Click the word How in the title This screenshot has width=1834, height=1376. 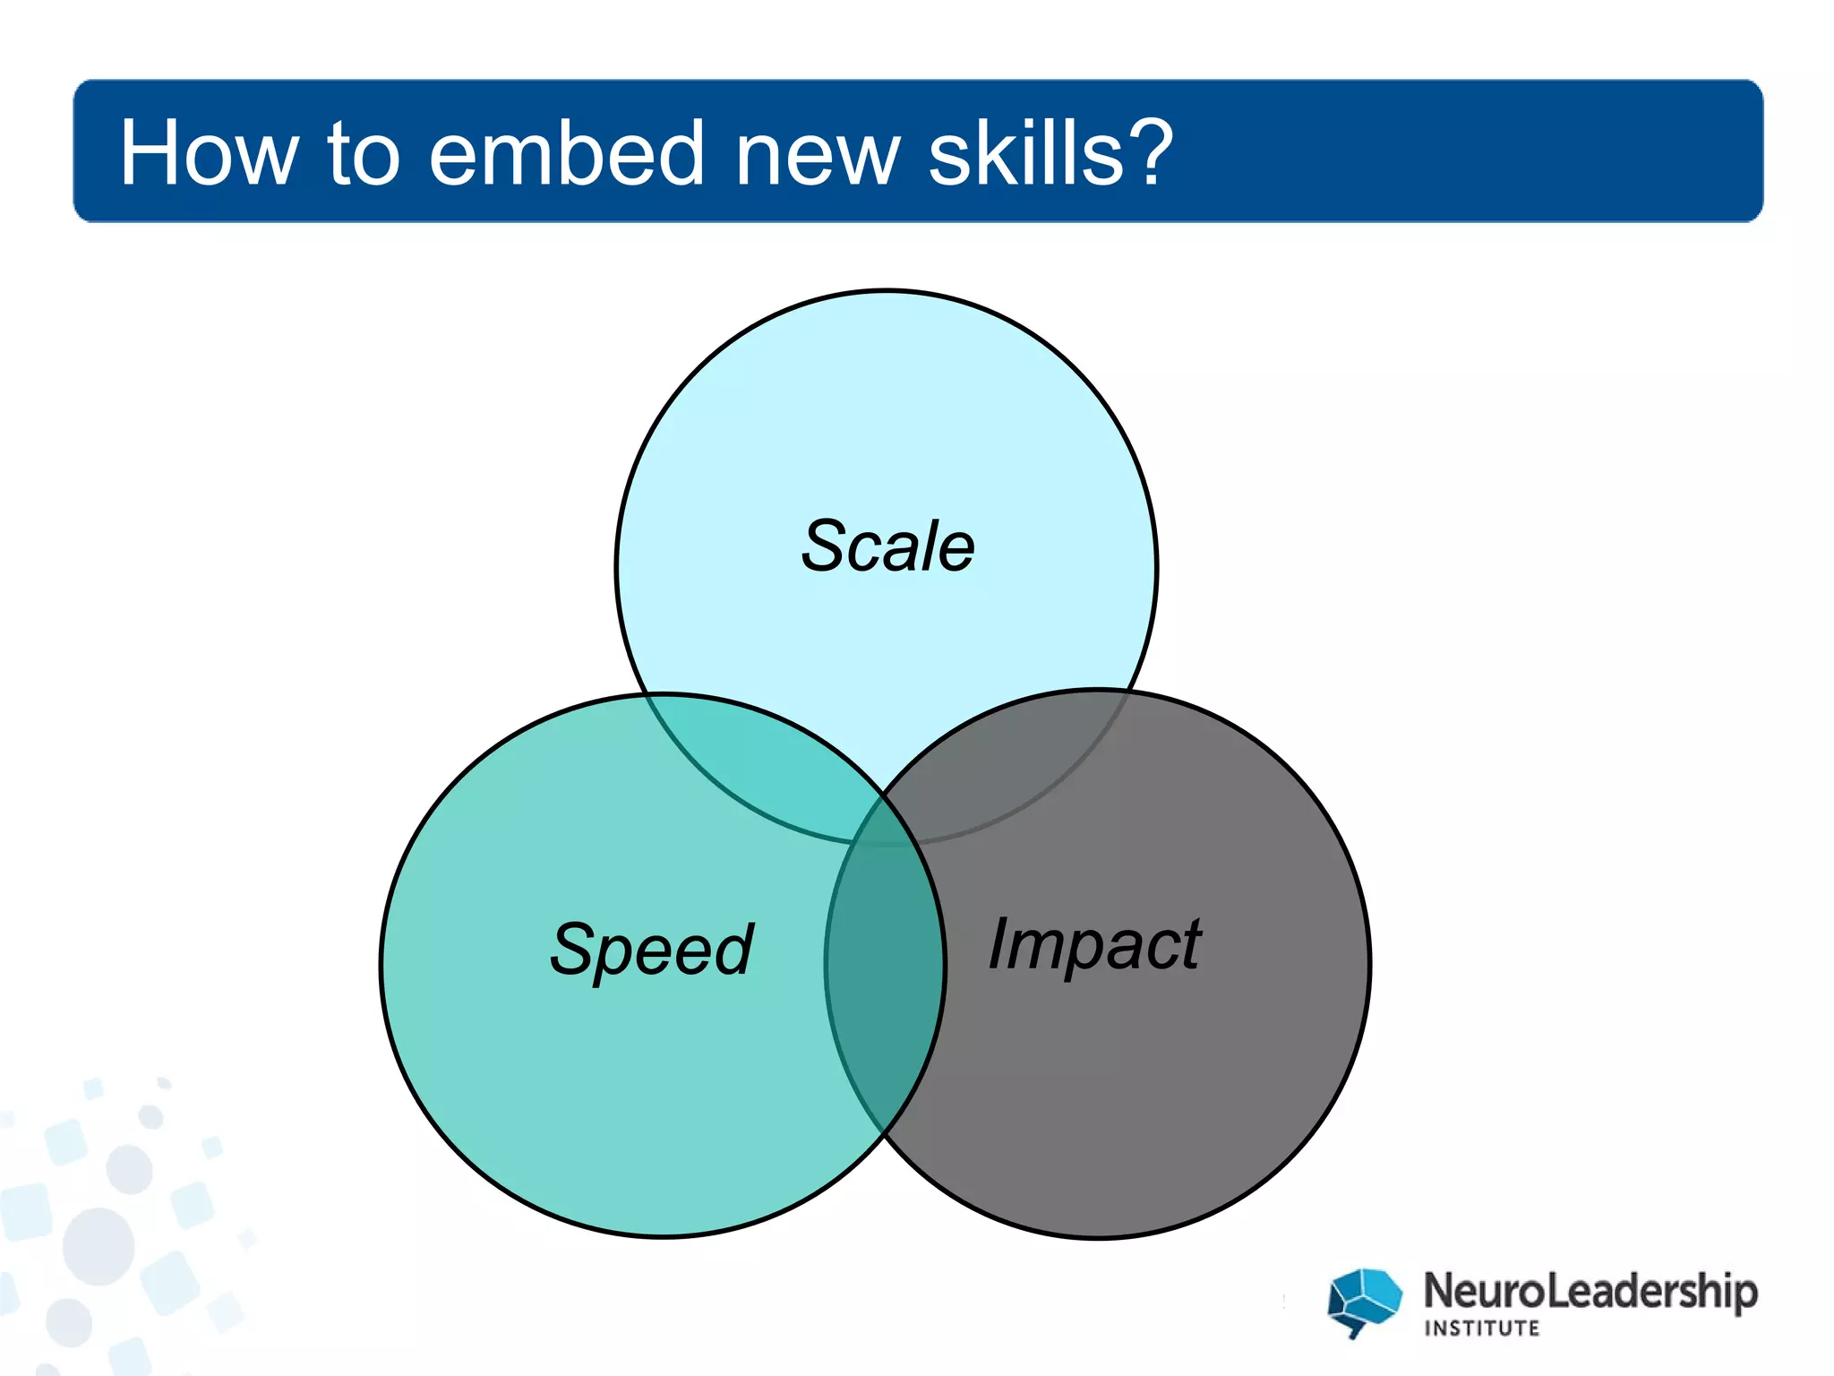pos(208,154)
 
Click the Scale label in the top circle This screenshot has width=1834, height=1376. pos(887,546)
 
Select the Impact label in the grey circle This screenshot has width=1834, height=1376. pos(1094,943)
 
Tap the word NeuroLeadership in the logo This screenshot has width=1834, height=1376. pos(1590,1291)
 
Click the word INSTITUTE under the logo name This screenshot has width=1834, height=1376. pos(1482,1329)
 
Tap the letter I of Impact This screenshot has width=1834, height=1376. pos(998,942)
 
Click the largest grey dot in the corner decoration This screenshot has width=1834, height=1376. pos(99,1246)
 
